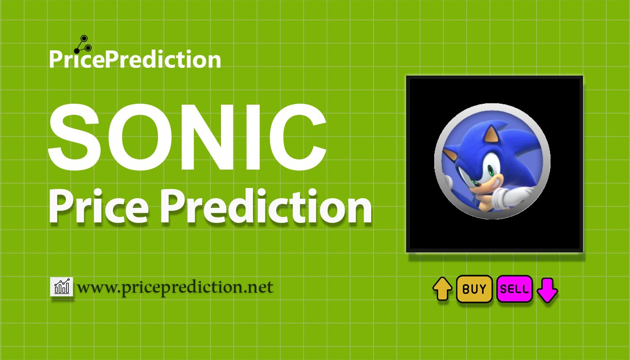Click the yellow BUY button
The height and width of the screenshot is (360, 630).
474,289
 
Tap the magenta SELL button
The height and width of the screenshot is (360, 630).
515,289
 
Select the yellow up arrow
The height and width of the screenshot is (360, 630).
442,289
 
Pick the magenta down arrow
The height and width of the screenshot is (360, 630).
547,290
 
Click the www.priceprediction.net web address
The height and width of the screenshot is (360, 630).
175,287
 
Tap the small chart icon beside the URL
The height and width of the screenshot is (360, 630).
62,287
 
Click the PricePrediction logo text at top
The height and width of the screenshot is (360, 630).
135,60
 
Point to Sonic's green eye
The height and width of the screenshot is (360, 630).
491,171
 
